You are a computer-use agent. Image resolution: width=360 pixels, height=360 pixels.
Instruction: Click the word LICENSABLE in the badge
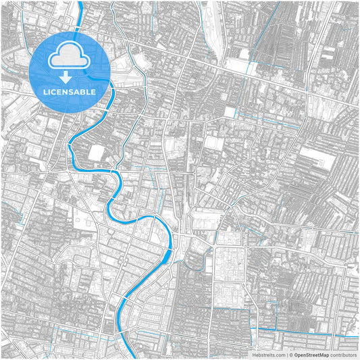coord(70,91)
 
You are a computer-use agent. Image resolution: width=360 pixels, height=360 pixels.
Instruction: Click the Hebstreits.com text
coord(269,354)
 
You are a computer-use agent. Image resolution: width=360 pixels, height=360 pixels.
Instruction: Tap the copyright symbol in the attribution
coord(291,354)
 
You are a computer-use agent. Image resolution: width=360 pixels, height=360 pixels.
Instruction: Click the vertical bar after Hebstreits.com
coord(286,354)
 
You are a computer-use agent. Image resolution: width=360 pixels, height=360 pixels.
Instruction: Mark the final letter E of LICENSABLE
coord(93,91)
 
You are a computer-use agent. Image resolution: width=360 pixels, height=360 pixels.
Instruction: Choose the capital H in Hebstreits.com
coord(254,354)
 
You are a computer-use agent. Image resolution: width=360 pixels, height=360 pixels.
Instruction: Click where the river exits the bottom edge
coord(122,357)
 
